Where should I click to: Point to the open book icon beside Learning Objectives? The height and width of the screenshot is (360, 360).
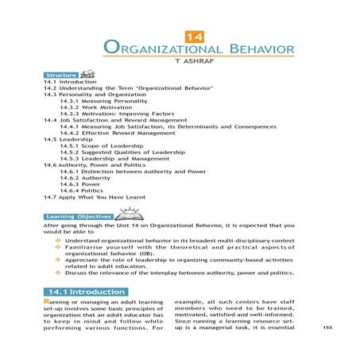pyautogui.click(x=128, y=212)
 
